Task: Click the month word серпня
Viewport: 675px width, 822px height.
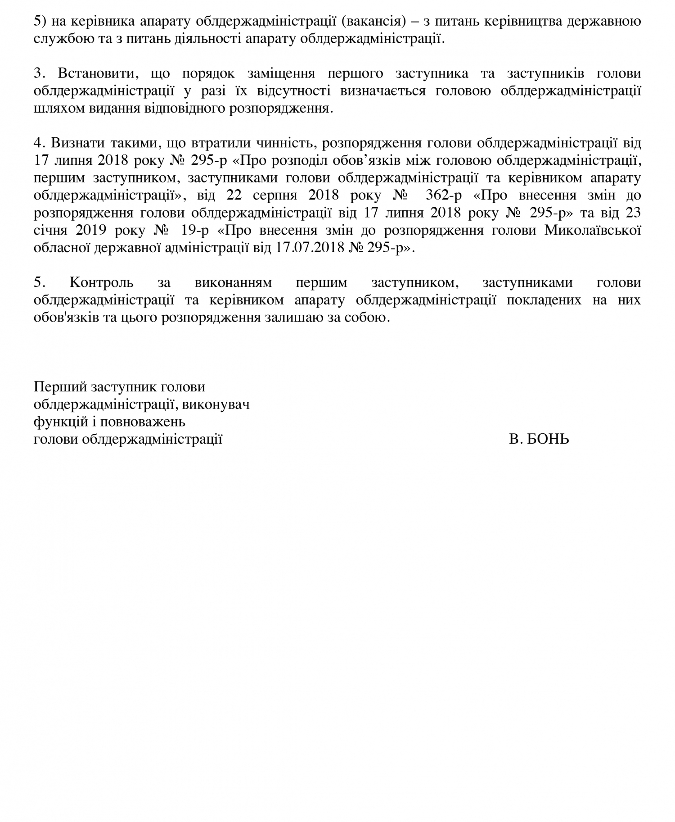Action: (275, 195)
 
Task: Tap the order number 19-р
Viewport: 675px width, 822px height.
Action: (195, 230)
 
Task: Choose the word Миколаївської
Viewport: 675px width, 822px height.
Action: (592, 230)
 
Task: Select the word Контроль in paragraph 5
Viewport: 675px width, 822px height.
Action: (102, 282)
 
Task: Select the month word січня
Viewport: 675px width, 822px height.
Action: (50, 230)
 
